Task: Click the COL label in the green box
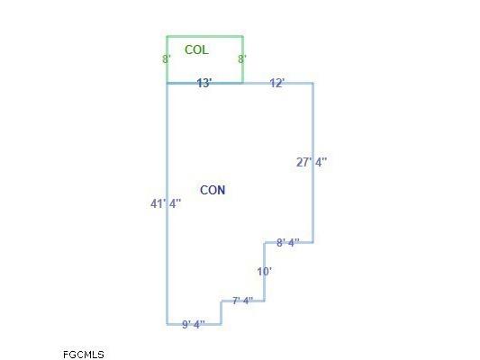click(196, 49)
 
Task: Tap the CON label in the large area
click(213, 190)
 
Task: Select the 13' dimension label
click(204, 83)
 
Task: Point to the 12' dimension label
click(277, 83)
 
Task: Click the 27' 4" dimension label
click(312, 162)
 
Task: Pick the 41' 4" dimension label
click(166, 203)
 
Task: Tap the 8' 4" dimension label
click(288, 242)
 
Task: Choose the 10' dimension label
click(265, 271)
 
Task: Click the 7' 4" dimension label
click(243, 301)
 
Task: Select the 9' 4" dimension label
click(194, 324)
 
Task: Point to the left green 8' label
click(167, 59)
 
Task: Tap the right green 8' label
click(242, 59)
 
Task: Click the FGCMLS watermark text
click(84, 355)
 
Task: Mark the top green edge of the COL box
click(204, 37)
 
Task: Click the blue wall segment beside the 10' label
click(265, 272)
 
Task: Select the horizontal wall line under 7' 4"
click(243, 301)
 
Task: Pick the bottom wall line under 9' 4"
click(194, 324)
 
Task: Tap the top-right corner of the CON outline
click(312, 83)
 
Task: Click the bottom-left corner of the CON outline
click(167, 324)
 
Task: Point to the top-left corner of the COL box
click(167, 37)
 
